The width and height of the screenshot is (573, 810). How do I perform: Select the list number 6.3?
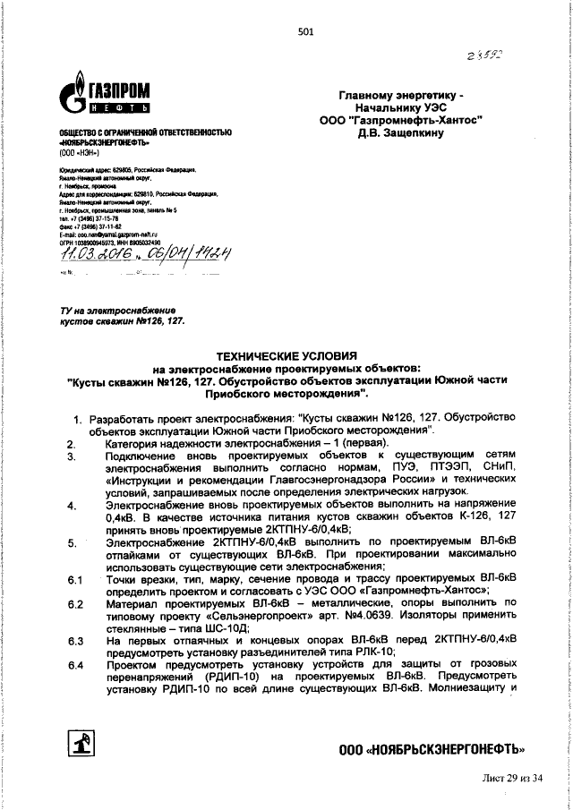[75, 641]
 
